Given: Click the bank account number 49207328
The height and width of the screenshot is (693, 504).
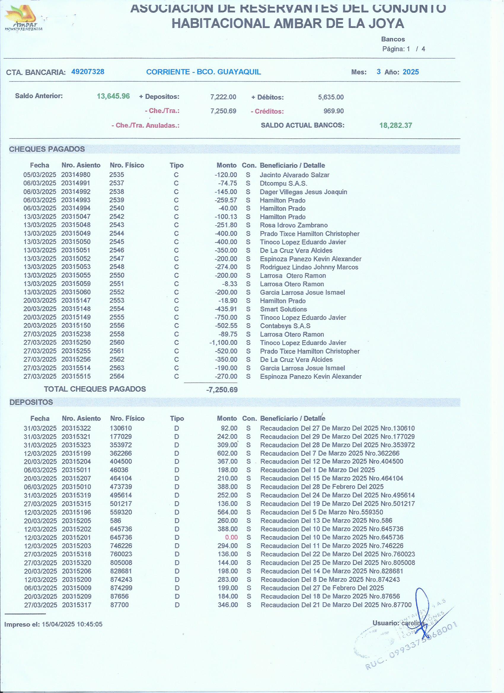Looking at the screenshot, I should pyautogui.click(x=88, y=72).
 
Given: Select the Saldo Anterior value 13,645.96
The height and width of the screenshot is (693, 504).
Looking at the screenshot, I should pyautogui.click(x=113, y=96).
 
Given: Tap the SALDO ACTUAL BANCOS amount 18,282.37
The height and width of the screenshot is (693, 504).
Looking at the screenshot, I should pyautogui.click(x=395, y=126).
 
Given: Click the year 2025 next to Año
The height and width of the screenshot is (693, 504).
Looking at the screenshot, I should pyautogui.click(x=411, y=72).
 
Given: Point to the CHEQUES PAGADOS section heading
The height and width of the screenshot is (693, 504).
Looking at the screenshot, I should pyautogui.click(x=47, y=149).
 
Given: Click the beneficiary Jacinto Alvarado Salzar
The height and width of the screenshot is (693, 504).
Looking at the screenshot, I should pyautogui.click(x=294, y=175).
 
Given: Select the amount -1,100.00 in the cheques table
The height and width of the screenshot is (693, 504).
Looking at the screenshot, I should pyautogui.click(x=223, y=343).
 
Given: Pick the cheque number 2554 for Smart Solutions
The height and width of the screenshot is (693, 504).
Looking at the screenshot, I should pyautogui.click(x=117, y=309).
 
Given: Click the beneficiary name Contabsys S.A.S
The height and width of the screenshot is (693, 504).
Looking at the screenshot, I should pyautogui.click(x=285, y=326).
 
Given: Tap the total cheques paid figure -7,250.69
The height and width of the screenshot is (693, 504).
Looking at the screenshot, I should pyautogui.click(x=221, y=389).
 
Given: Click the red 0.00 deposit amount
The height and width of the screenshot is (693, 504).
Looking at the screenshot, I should pyautogui.click(x=231, y=537).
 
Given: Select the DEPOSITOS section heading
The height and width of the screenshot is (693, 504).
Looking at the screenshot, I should pyautogui.click(x=31, y=402).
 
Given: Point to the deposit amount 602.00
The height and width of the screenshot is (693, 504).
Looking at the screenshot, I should pyautogui.click(x=227, y=454).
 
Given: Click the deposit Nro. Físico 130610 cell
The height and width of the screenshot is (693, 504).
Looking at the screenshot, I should pyautogui.click(x=121, y=428).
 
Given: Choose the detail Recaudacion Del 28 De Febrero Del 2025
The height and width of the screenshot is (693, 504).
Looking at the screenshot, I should pyautogui.click(x=322, y=487).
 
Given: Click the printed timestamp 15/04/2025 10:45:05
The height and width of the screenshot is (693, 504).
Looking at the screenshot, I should pyautogui.click(x=72, y=624).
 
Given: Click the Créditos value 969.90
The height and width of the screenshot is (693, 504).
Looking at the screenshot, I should pyautogui.click(x=334, y=111).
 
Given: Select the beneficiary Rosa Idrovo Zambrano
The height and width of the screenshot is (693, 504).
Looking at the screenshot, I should pyautogui.click(x=294, y=225).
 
